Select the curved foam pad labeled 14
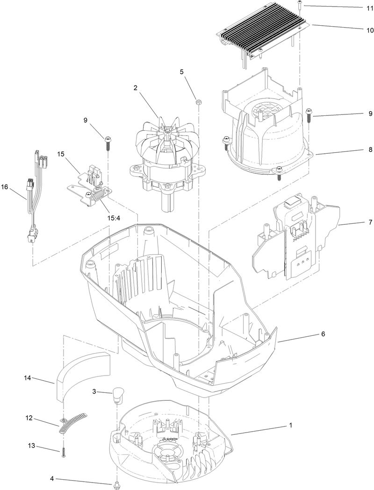[82, 374]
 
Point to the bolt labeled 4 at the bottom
[115, 483]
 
